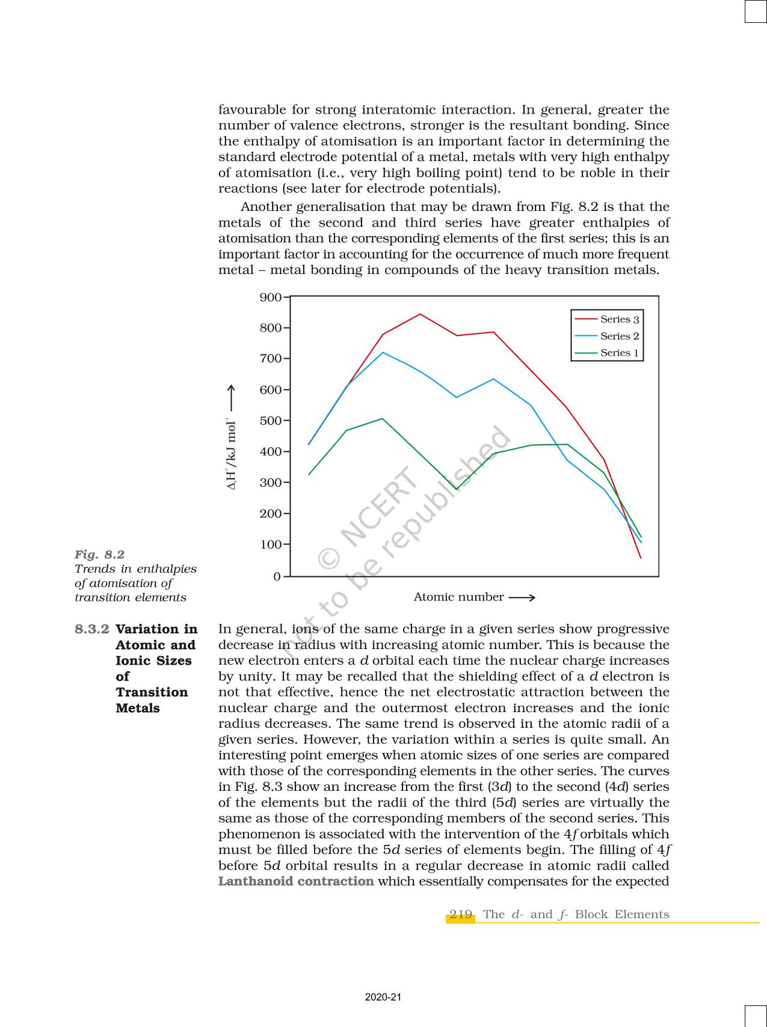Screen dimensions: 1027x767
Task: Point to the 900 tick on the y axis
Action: coord(271,297)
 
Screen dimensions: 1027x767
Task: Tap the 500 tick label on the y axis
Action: coord(271,421)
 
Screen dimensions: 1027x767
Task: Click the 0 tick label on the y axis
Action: coord(277,577)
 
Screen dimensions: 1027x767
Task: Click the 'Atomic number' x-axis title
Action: coord(458,597)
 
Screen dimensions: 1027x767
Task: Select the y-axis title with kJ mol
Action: coord(231,456)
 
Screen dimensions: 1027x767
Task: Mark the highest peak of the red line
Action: coord(420,314)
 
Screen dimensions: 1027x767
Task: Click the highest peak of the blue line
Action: coord(383,352)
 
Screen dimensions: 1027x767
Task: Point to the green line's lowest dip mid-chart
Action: coord(456,490)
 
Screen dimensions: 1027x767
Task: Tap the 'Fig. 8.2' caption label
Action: coord(99,554)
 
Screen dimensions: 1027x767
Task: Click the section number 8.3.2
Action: coord(92,629)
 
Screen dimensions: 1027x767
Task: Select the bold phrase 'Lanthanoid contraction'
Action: coord(296,882)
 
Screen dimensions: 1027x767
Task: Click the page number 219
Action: coord(461,915)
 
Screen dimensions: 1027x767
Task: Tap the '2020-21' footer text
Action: coord(383,998)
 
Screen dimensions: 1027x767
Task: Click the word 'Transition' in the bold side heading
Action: coord(152,692)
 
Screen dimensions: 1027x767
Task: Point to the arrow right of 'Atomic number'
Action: coord(522,597)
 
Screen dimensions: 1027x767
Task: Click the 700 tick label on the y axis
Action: coord(271,359)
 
